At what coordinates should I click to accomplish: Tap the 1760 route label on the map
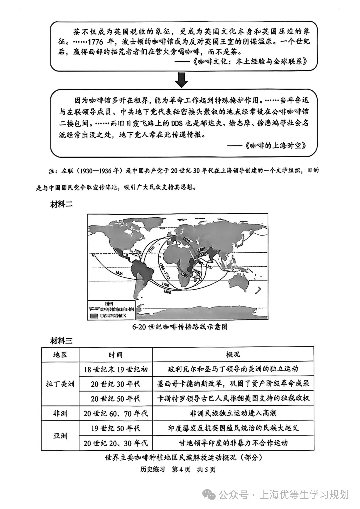[165, 286]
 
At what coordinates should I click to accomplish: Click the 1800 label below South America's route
[167, 292]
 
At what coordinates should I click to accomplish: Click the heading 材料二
[61, 205]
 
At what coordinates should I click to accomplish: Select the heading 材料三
[61, 340]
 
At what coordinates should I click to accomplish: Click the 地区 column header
[60, 355]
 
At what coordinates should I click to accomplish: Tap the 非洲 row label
[60, 413]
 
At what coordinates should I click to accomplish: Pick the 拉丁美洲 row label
[60, 384]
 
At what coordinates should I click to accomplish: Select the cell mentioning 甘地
[233, 443]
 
